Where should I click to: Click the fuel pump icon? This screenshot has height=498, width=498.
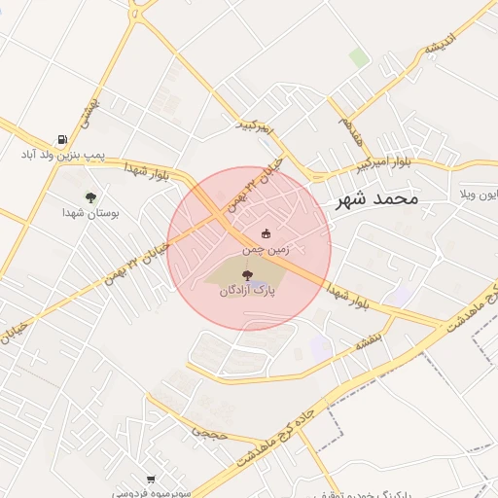[62, 139]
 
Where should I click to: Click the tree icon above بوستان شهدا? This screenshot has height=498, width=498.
[90, 196]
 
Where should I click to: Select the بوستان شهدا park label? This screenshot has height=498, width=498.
[90, 212]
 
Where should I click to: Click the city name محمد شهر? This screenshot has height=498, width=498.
[375, 199]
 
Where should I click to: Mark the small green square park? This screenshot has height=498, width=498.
[359, 57]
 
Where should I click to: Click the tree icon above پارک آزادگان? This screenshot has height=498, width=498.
[246, 275]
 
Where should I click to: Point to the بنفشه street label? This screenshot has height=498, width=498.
[373, 340]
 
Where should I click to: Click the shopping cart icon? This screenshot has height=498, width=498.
[150, 479]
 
